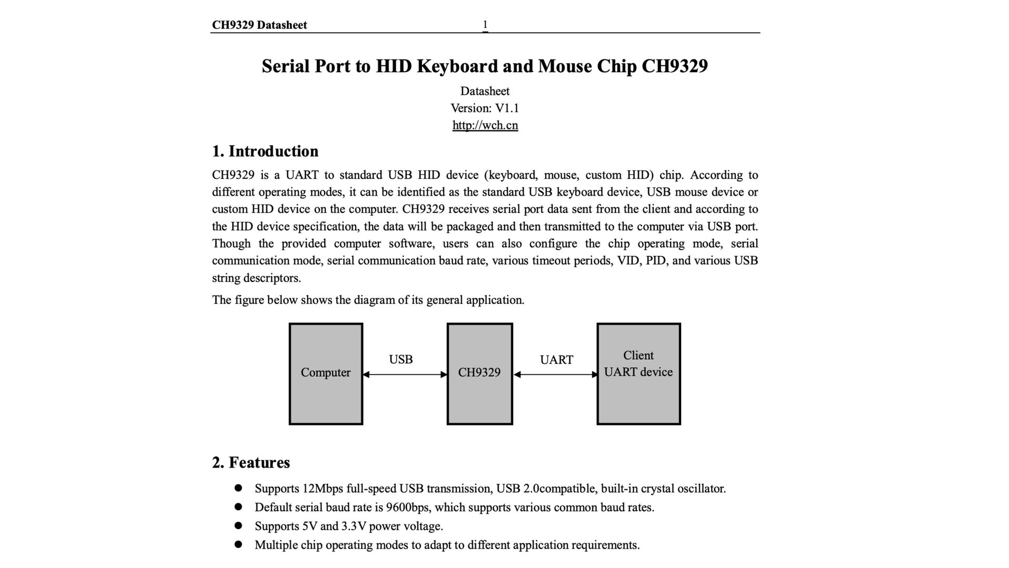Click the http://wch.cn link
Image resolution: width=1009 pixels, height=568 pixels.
[485, 125]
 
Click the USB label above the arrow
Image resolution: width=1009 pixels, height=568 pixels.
[400, 359]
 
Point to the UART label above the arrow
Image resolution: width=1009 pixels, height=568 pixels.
[556, 360]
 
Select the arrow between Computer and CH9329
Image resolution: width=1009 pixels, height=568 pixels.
[405, 374]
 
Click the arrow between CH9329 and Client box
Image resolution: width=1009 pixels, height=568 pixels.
[556, 374]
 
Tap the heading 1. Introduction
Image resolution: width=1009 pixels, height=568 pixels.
[265, 151]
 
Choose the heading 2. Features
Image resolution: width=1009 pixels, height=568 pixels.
[251, 462]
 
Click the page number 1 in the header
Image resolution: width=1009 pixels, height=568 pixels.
[485, 24]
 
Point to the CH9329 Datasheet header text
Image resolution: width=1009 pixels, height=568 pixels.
[259, 25]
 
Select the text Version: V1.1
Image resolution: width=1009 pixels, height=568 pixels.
[485, 108]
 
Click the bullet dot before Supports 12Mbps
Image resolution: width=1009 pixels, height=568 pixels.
[238, 488]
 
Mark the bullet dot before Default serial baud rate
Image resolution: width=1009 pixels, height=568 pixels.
[238, 507]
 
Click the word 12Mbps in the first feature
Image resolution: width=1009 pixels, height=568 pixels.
[323, 489]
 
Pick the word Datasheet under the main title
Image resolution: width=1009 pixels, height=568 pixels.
[485, 91]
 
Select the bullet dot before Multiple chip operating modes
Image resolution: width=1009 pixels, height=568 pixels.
[238, 545]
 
